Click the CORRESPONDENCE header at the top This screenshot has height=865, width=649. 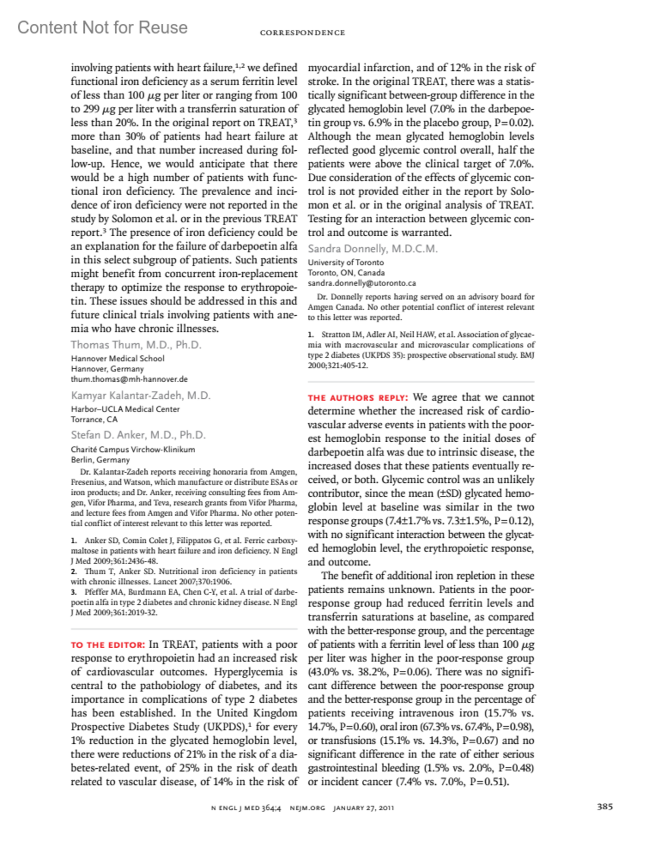tap(302, 33)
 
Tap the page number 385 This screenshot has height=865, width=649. tap(605, 807)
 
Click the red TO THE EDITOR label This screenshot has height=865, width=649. tap(108, 645)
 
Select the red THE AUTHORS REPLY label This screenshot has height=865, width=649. tap(357, 398)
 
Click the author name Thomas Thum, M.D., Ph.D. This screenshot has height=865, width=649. tap(136, 345)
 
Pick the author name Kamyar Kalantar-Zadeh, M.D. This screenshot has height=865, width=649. tap(141, 396)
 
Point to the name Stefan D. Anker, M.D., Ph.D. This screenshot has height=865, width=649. tap(138, 435)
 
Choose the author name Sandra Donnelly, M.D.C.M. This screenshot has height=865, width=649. tap(373, 249)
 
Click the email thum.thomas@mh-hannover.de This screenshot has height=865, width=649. tap(129, 379)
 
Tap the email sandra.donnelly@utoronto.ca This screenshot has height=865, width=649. tap(362, 283)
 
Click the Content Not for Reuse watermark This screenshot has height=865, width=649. tap(102, 28)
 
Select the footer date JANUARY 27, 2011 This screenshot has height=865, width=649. tap(363, 808)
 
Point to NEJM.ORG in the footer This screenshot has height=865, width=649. tap(307, 808)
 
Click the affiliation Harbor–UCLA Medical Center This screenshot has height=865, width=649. tap(125, 409)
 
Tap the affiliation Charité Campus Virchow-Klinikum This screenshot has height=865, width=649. tap(133, 449)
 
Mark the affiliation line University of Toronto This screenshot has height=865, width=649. tap(346, 263)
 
